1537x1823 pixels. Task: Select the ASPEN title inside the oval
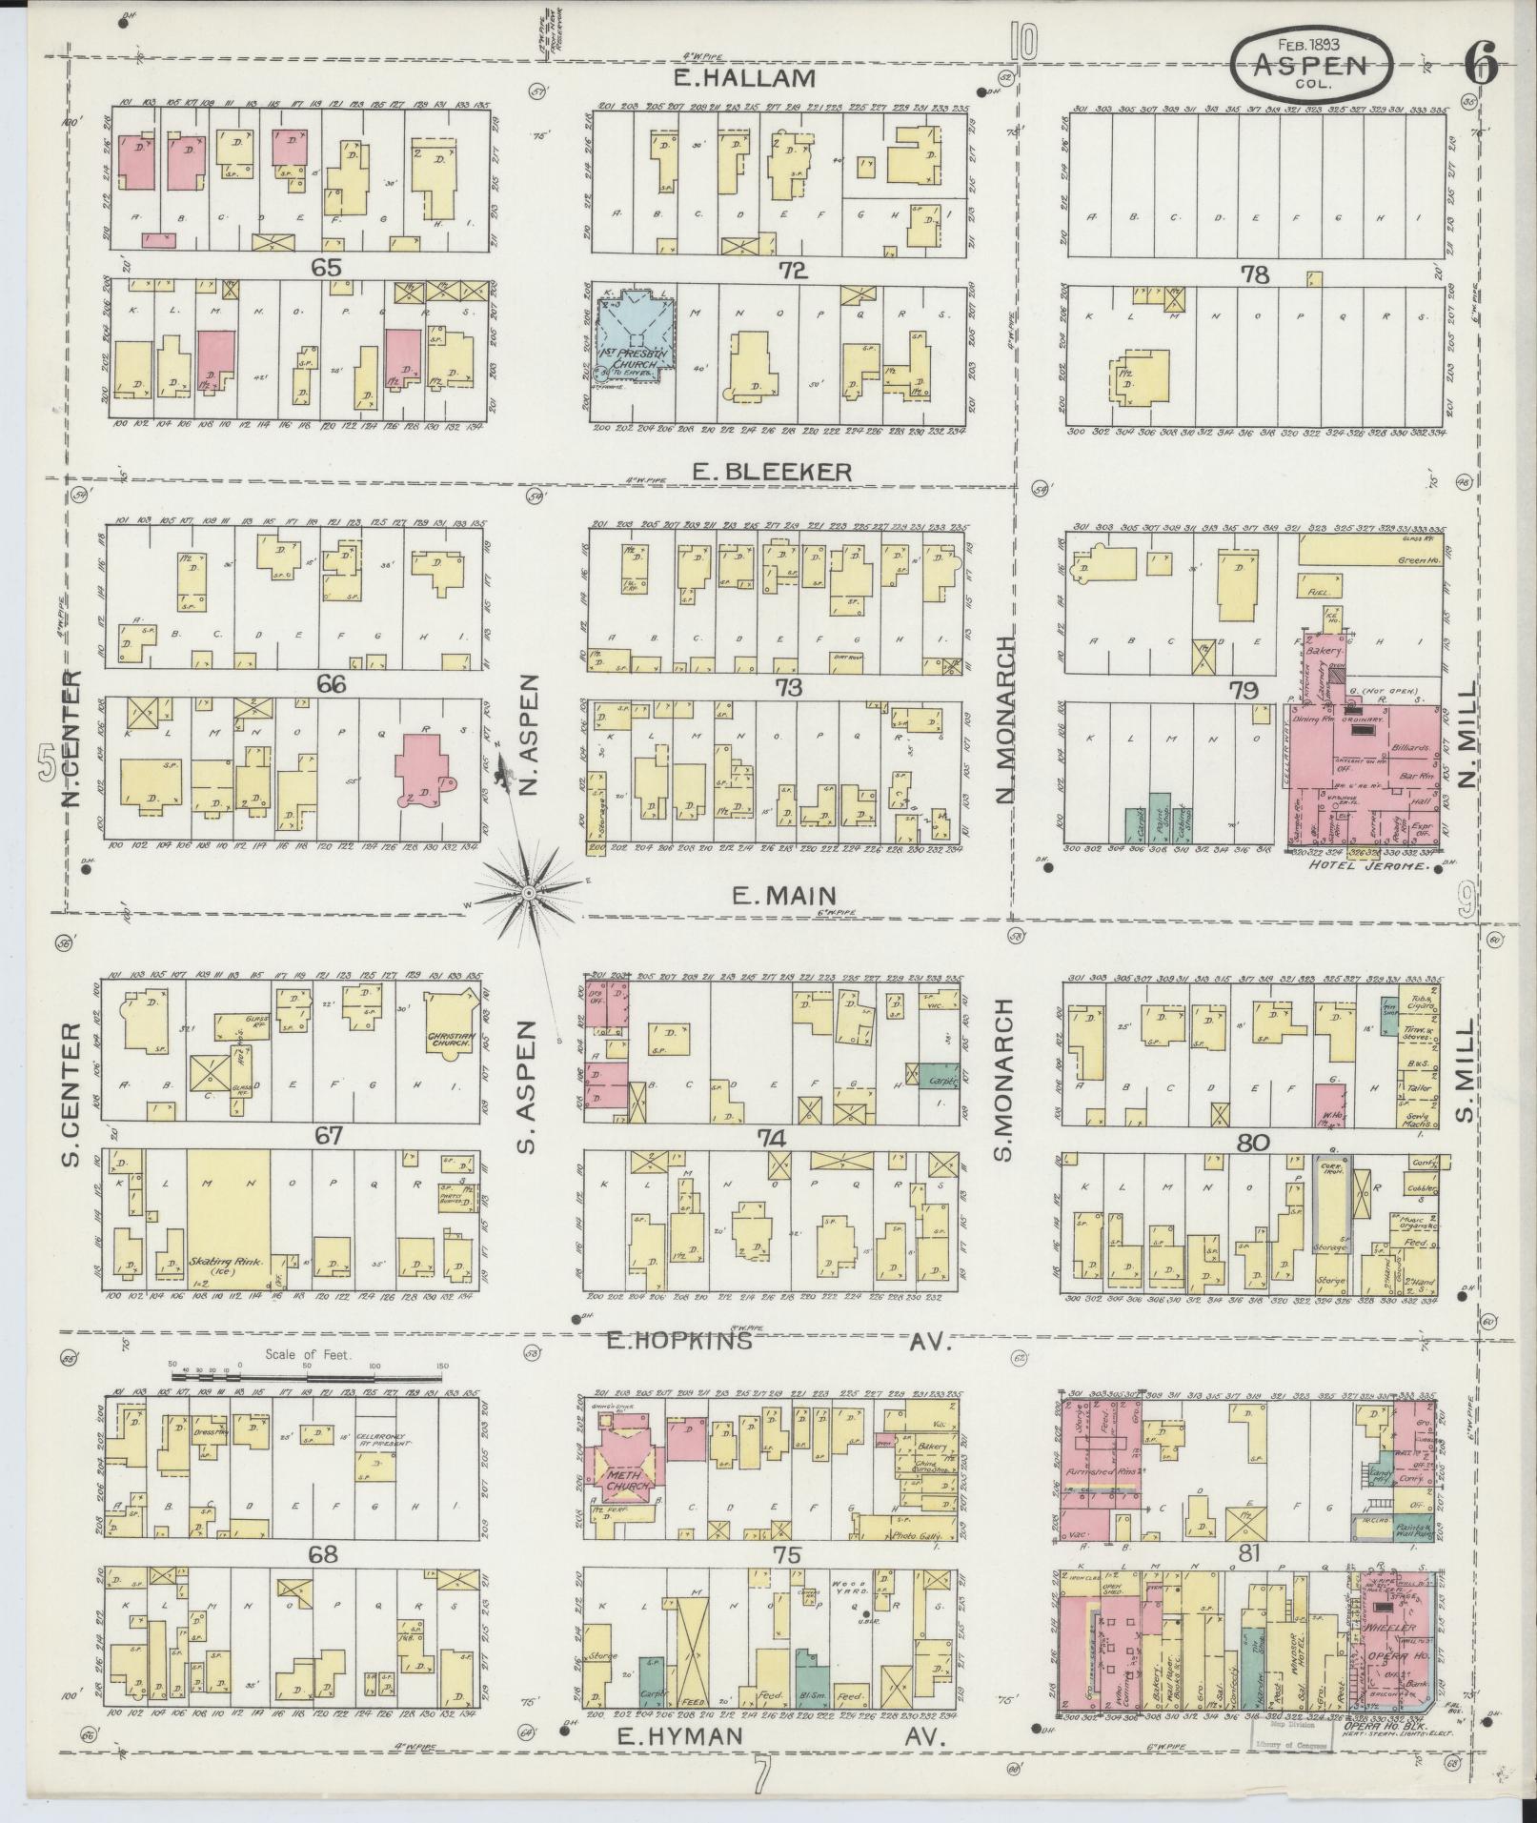click(1310, 65)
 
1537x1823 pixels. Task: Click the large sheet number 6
click(1482, 65)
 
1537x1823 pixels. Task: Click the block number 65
click(326, 268)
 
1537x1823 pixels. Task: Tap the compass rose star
click(527, 891)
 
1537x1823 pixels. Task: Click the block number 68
click(324, 1554)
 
